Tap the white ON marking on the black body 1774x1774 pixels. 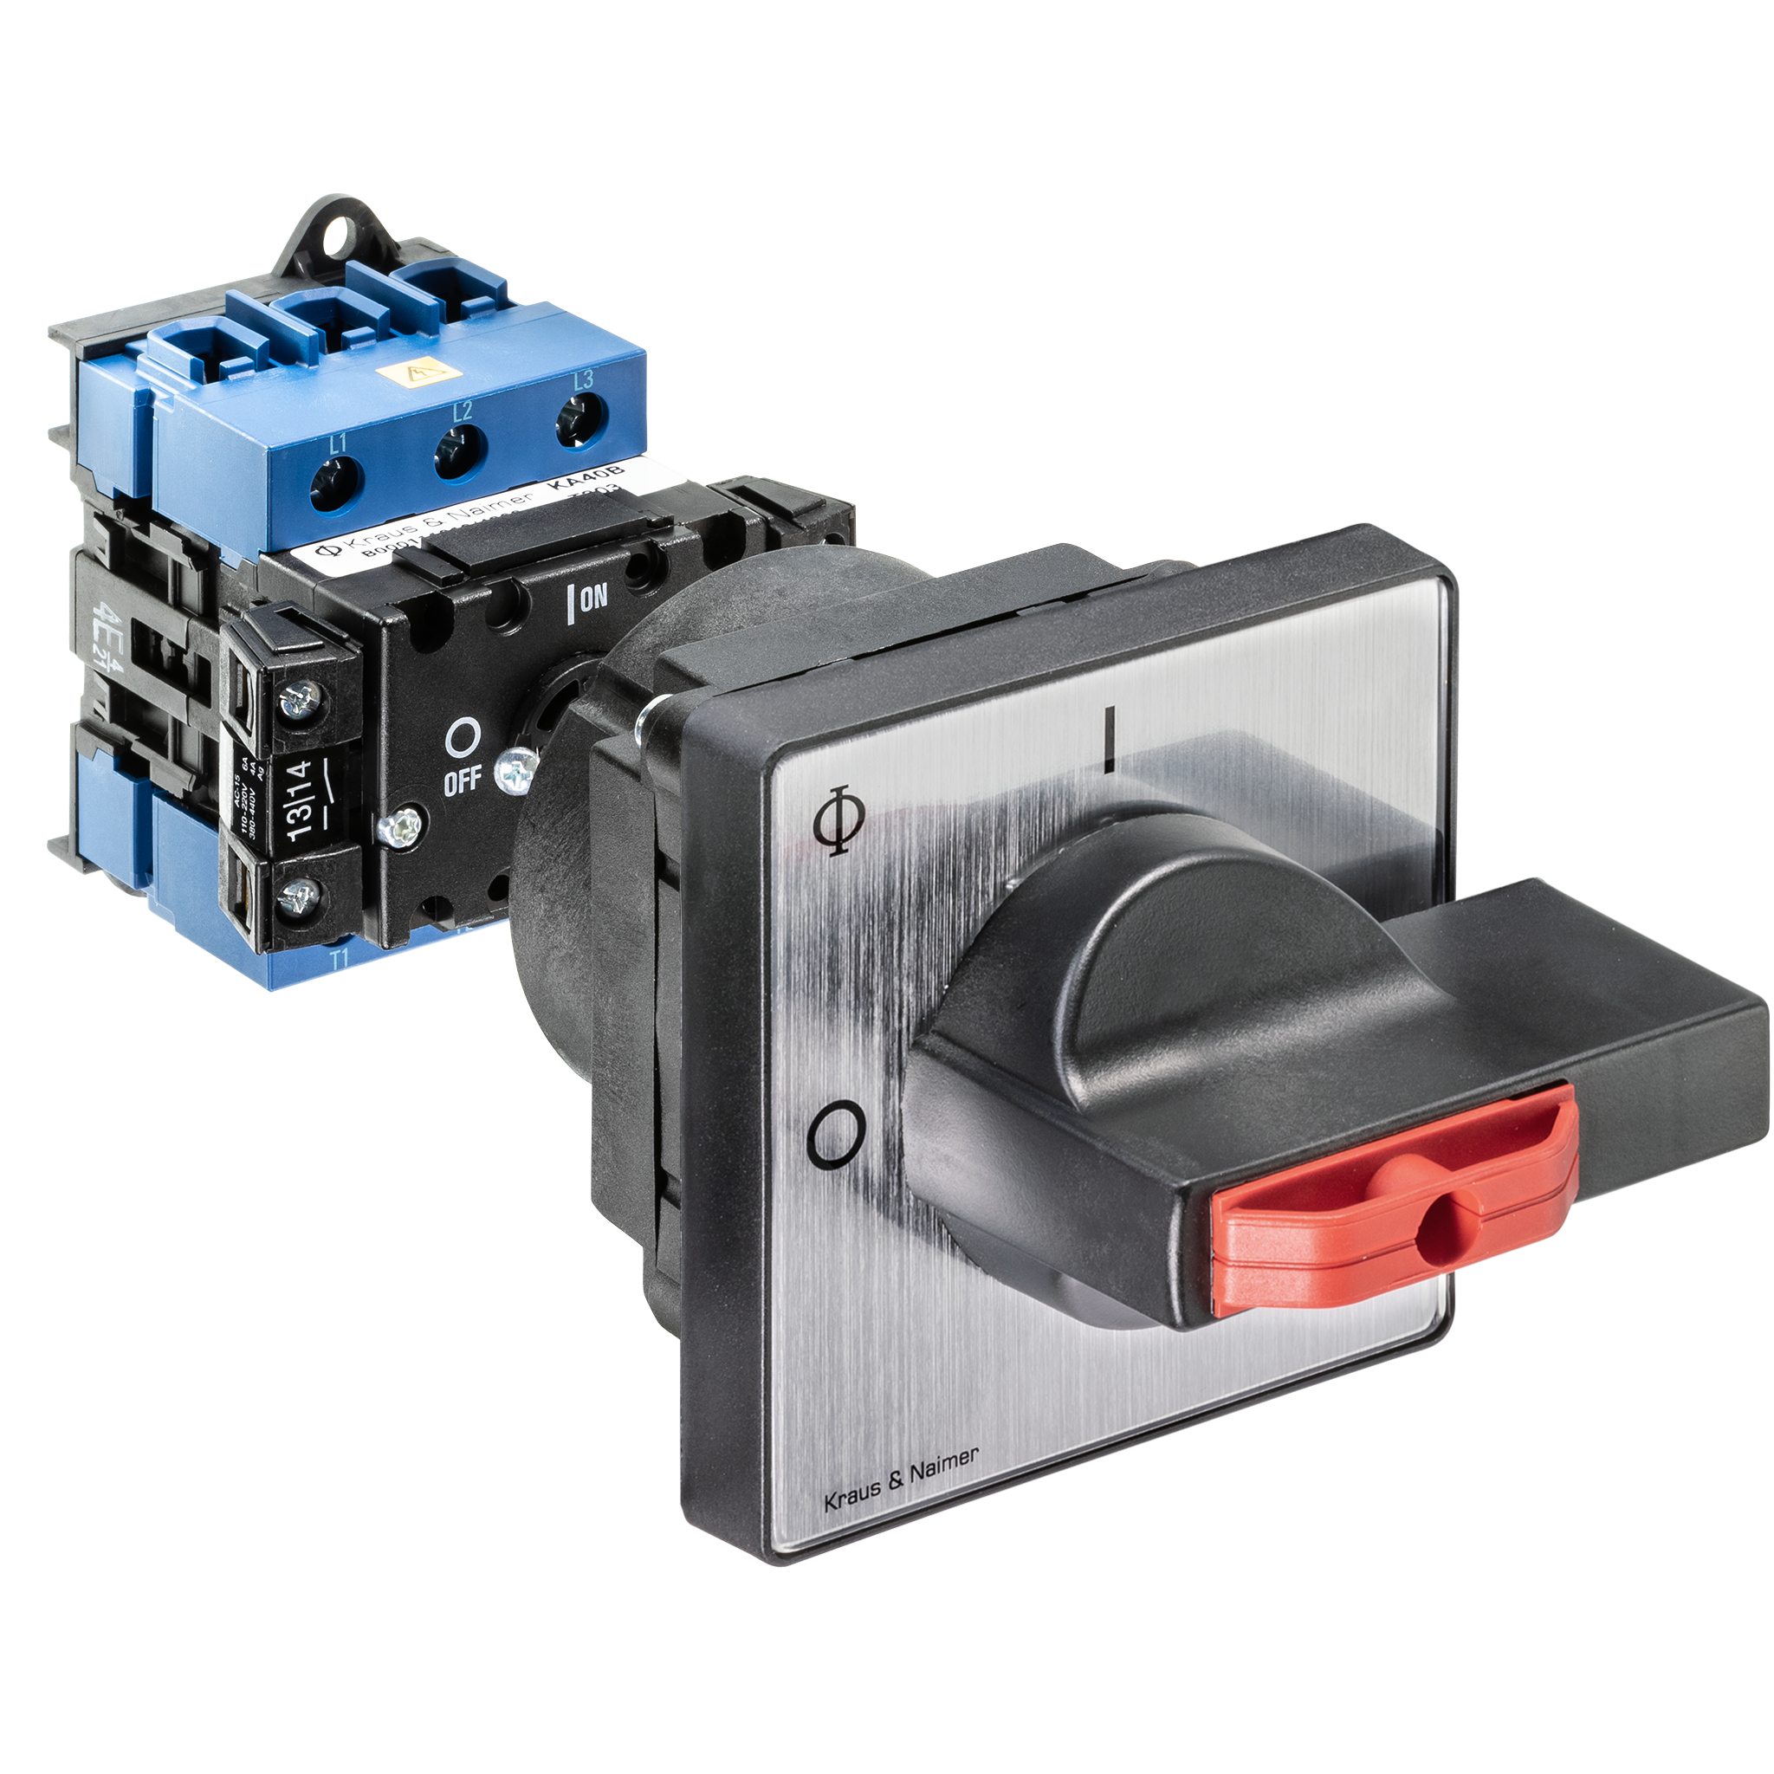point(588,599)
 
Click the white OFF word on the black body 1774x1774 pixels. point(462,781)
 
